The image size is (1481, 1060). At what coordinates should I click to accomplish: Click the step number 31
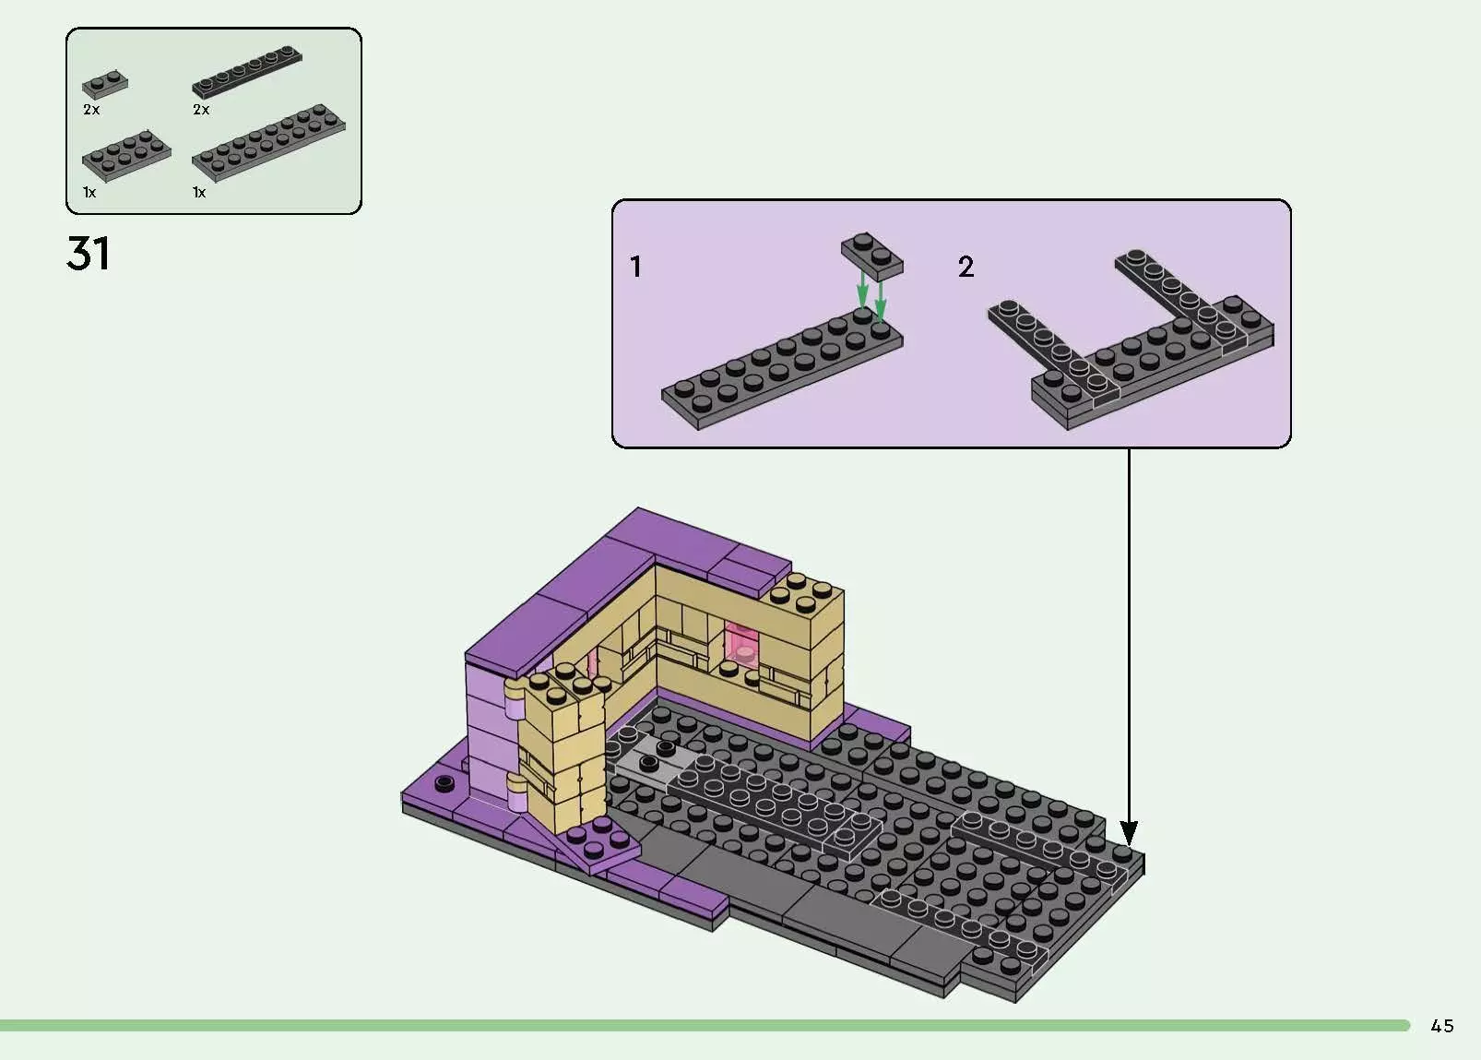(x=89, y=253)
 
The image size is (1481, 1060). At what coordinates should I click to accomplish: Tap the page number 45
(x=1442, y=1026)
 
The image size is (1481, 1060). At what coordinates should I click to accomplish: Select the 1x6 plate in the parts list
(x=247, y=72)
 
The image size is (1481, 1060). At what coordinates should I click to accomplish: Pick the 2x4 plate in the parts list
(x=126, y=157)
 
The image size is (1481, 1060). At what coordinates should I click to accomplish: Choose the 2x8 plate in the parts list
(x=268, y=144)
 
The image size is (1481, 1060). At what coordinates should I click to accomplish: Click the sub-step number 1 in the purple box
(x=635, y=267)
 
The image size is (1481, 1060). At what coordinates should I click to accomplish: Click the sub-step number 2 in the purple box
(x=966, y=267)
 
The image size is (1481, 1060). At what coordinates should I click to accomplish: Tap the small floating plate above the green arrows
(x=871, y=255)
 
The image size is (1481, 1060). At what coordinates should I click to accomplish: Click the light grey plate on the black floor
(x=652, y=762)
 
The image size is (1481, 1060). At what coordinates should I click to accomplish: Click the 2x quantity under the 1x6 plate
(x=201, y=109)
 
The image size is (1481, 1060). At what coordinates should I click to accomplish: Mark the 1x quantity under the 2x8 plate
(x=199, y=192)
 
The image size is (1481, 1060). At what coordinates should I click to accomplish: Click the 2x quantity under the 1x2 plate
(x=91, y=109)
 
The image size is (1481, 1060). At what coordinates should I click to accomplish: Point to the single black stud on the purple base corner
(x=444, y=784)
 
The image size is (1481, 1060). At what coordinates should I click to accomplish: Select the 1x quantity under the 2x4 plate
(x=89, y=192)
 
